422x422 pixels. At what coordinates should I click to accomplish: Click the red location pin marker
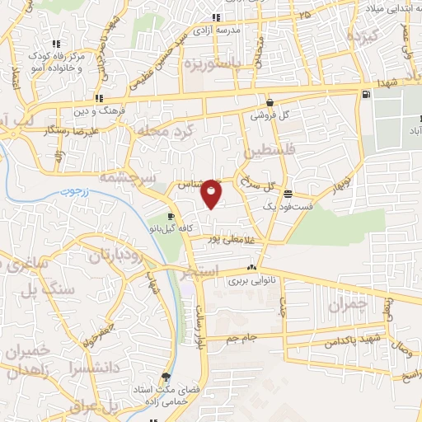point(212,192)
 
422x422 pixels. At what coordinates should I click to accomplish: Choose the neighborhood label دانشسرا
point(102,363)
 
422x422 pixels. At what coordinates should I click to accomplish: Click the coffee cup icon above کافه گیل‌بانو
point(171,216)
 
